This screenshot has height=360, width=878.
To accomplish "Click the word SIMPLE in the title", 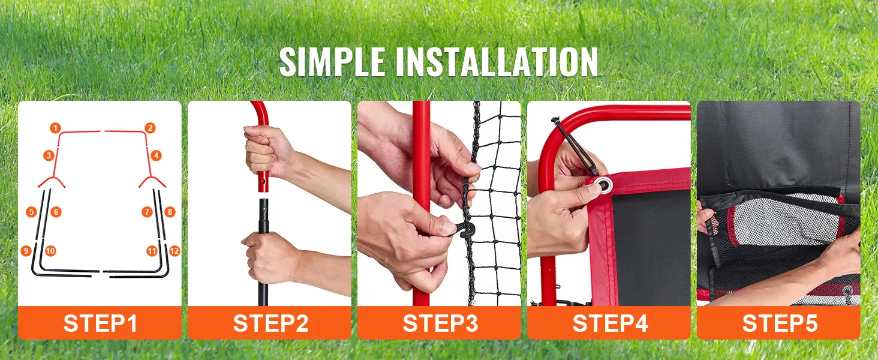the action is point(332,62).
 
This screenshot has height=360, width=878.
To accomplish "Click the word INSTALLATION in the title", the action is point(497,62).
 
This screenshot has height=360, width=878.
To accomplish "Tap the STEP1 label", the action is point(100,323).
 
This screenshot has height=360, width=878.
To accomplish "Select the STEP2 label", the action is point(270,323).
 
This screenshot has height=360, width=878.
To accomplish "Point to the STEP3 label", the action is point(440,323).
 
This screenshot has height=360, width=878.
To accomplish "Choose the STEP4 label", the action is point(610,323).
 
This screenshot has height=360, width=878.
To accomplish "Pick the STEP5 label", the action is point(780,323).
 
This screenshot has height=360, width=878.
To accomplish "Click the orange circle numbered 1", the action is point(55,128).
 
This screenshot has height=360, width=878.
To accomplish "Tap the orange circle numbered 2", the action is point(150,128).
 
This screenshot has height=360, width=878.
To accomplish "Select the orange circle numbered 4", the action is point(156,155).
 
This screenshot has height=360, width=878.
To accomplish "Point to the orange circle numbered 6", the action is point(56,212).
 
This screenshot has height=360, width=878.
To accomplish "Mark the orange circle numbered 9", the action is point(26,251).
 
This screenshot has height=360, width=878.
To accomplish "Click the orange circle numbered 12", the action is point(175,251).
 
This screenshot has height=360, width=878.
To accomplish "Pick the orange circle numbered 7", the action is point(147,212).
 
